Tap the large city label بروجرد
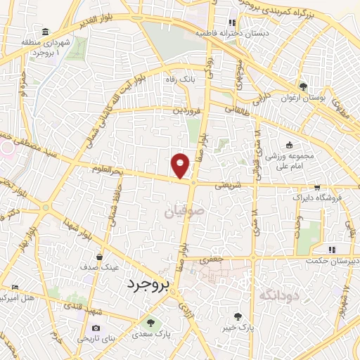tap(149, 284)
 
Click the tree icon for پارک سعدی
tap(149, 323)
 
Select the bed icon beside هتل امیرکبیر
tap(15, 287)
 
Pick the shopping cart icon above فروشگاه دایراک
tap(318, 188)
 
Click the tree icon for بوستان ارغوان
tap(303, 86)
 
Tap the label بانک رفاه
tap(180, 80)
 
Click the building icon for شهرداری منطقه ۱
tap(45, 32)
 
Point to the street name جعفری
tap(213, 260)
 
